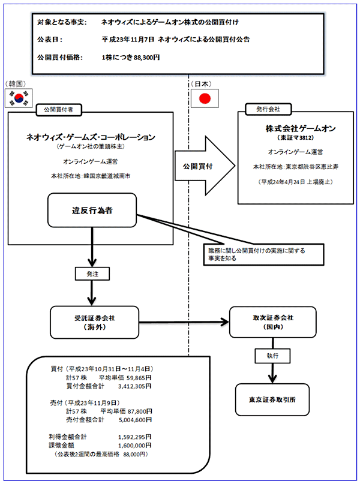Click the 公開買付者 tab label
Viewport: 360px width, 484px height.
pyautogui.click(x=59, y=110)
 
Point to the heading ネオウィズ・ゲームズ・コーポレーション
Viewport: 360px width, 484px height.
pyautogui.click(x=91, y=137)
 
